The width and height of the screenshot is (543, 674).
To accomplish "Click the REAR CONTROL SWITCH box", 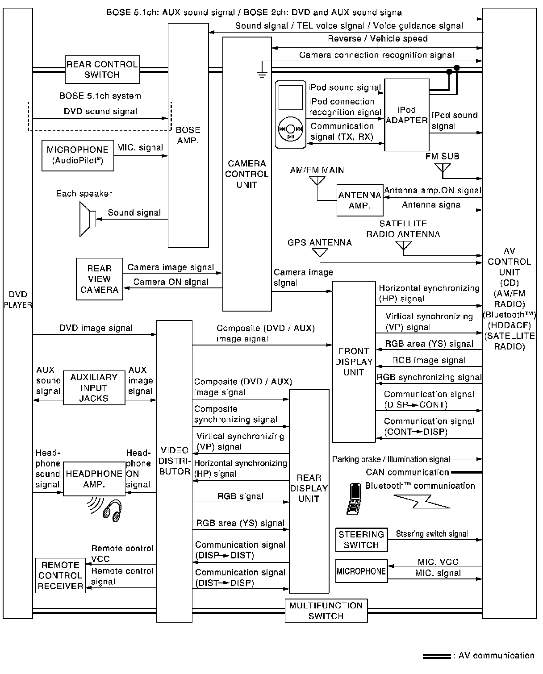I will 102,70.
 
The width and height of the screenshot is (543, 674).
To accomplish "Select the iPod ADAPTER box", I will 406,115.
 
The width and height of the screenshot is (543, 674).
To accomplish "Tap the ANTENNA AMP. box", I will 359,200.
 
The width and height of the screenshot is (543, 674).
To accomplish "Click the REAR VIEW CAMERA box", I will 99,279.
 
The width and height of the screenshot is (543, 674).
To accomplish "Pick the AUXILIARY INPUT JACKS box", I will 94,388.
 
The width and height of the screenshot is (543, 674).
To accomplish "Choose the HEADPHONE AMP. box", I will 94,478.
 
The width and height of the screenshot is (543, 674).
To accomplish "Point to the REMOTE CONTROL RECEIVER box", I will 60,576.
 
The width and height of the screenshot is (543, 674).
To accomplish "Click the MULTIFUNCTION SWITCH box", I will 326,611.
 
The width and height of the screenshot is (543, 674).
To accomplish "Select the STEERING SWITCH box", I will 361,540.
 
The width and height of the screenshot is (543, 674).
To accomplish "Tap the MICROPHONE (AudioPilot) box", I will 77,155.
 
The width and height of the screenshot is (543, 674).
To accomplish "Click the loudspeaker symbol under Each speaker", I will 87,219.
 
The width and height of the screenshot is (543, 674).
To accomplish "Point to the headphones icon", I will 112,509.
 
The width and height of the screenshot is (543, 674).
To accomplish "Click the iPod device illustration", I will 290,114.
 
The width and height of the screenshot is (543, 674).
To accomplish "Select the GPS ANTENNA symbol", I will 320,253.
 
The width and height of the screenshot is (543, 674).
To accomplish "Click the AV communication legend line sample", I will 436,656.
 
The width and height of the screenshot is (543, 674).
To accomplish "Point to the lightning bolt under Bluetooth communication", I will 422,502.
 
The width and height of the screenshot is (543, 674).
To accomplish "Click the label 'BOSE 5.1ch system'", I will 100,96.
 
